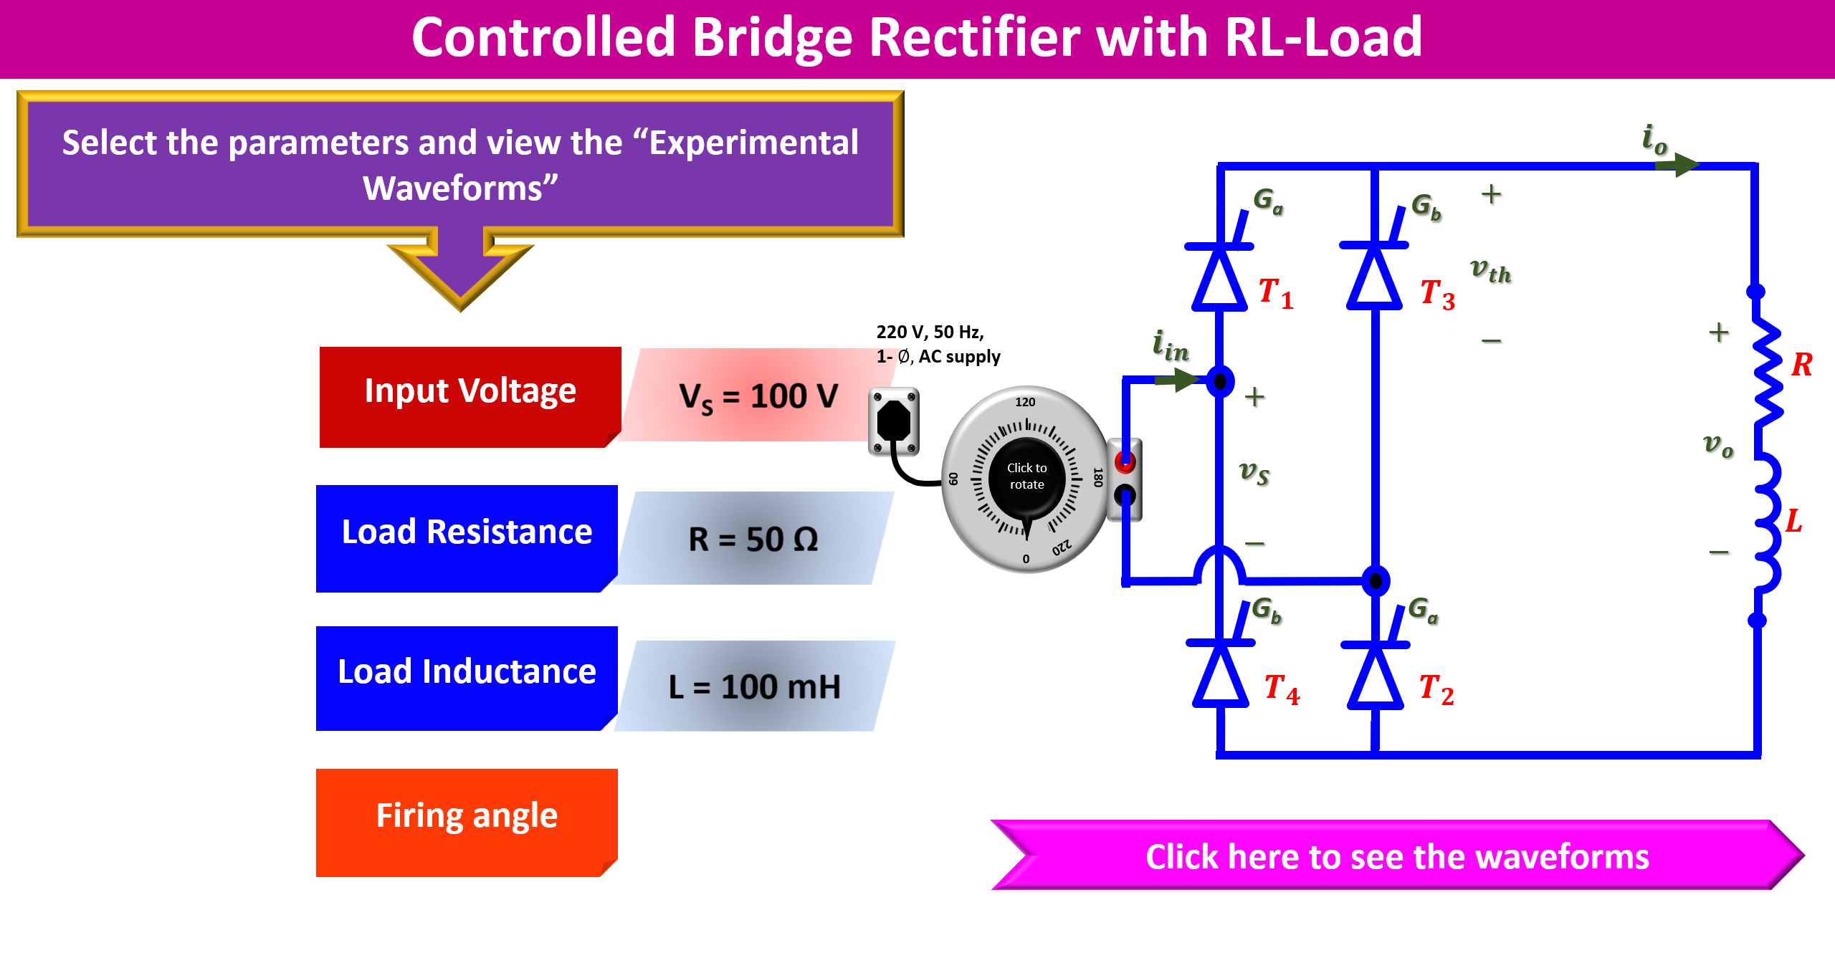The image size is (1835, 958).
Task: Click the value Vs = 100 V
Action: tap(758, 396)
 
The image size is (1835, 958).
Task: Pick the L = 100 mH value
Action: tap(754, 686)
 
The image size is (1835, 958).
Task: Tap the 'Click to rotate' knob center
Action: tap(1026, 476)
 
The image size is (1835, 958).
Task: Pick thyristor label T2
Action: tap(1436, 689)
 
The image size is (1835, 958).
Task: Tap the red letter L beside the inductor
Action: tap(1793, 521)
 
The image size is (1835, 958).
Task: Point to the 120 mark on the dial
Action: tap(1025, 402)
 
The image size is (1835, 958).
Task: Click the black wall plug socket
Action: tap(893, 421)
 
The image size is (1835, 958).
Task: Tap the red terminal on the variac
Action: tap(1125, 462)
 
